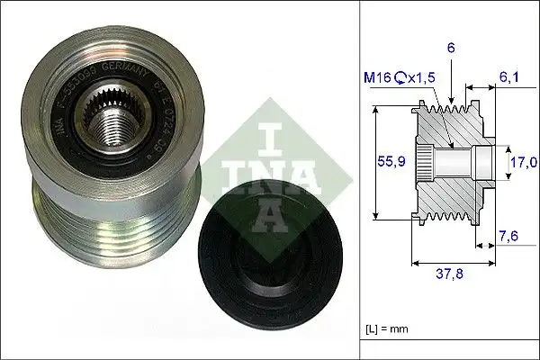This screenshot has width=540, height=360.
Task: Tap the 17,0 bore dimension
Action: click(523, 162)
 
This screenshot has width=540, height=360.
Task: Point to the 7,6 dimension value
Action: click(509, 238)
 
